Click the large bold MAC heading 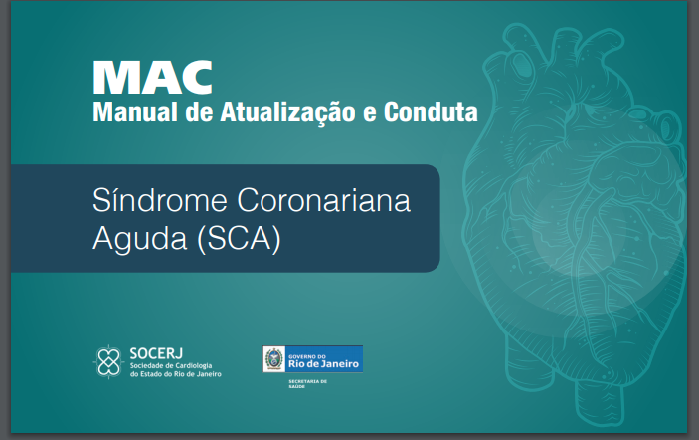152,77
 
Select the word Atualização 287,112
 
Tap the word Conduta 431,111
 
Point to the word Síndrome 160,199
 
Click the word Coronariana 323,200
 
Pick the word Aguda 139,238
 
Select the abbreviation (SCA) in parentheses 239,239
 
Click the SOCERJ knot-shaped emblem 108,362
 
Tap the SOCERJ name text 156,353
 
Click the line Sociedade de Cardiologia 171,366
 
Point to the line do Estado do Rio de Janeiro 176,374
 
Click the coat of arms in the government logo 273,358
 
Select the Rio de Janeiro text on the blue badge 323,364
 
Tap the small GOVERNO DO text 307,356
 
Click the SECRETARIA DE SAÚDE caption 307,384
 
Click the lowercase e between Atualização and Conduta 370,113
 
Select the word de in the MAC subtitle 199,111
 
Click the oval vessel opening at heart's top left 521,64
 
